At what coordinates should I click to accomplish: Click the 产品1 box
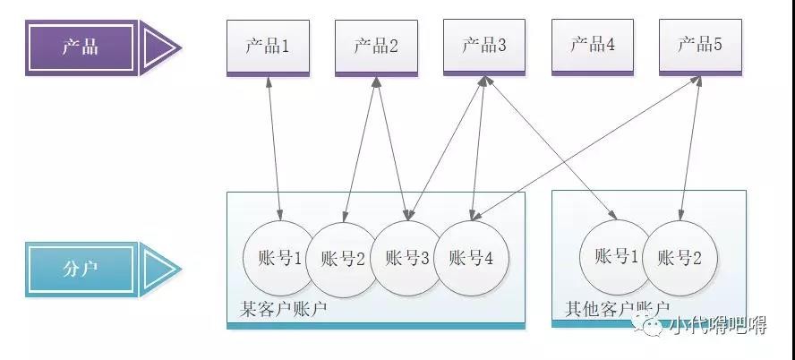tap(268, 47)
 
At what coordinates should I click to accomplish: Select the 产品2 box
tap(376, 47)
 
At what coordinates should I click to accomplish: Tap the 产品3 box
tap(484, 47)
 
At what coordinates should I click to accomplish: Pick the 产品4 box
tap(592, 47)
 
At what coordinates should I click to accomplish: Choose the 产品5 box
tap(700, 47)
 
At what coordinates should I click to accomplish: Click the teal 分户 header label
tap(81, 268)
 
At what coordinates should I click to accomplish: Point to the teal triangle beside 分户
tap(159, 268)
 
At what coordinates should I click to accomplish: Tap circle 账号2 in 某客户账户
tap(341, 259)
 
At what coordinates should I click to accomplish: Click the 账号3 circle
tap(407, 259)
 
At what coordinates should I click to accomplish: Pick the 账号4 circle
tap(471, 259)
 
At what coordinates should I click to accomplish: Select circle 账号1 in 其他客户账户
tap(616, 258)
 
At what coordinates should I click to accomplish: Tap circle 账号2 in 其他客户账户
tap(680, 259)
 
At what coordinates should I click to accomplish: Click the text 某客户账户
tap(284, 310)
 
